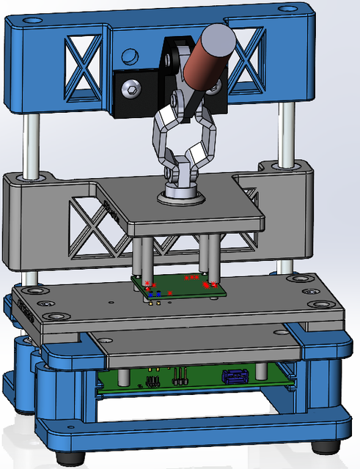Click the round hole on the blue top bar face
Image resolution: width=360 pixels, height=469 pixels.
click(129, 56)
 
